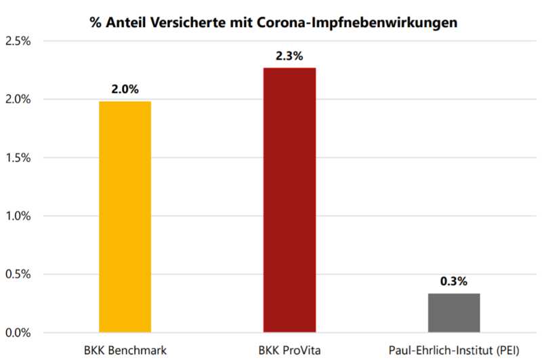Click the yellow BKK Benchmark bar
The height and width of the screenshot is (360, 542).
click(125, 217)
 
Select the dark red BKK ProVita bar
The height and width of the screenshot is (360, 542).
click(289, 201)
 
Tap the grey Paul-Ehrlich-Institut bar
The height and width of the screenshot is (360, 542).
click(454, 313)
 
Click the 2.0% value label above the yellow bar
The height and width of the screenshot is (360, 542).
click(125, 88)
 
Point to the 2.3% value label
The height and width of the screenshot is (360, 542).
click(289, 56)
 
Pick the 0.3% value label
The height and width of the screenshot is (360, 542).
click(454, 281)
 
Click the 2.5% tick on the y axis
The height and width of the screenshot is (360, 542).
click(18, 41)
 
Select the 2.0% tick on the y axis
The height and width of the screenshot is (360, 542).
click(18, 100)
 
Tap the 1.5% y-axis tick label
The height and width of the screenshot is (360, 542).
click(18, 158)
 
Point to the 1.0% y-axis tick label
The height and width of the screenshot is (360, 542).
click(18, 216)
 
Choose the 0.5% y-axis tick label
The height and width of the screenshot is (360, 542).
click(18, 275)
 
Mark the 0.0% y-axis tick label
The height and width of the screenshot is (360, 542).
click(18, 333)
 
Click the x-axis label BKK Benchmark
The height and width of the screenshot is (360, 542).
click(125, 350)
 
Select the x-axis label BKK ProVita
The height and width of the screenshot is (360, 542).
click(289, 350)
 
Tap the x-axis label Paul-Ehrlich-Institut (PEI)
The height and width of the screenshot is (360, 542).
click(454, 350)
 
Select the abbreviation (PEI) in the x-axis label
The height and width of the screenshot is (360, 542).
click(505, 350)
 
